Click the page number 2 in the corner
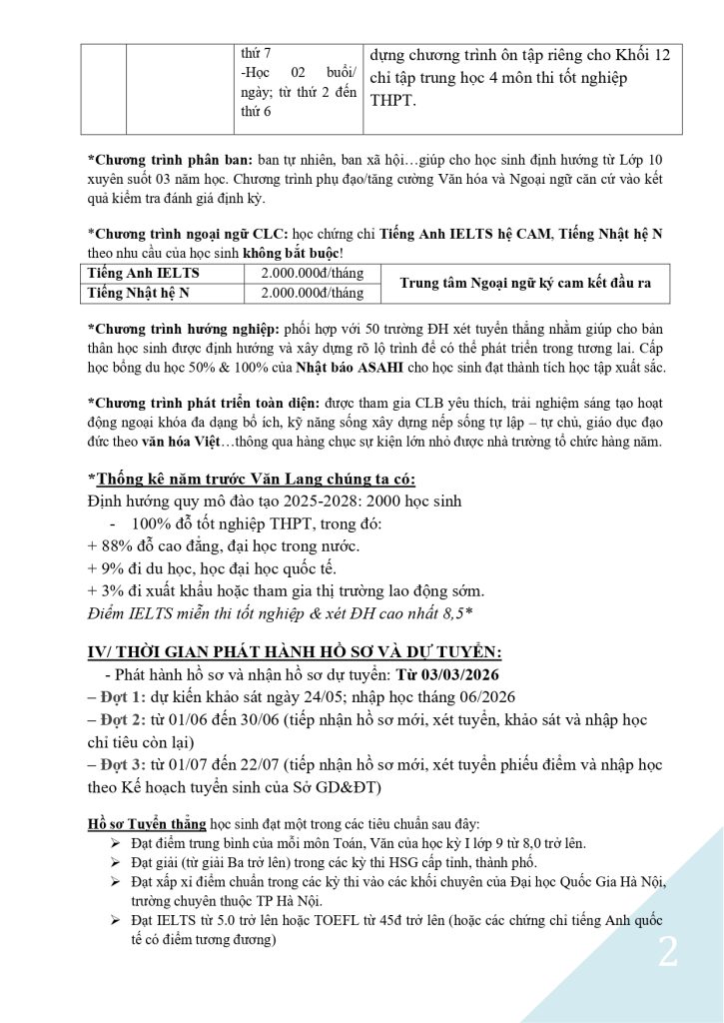click(667, 951)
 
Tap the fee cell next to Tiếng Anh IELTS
click(312, 273)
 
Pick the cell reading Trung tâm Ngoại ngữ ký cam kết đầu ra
click(525, 283)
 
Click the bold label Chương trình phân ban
click(171, 160)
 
